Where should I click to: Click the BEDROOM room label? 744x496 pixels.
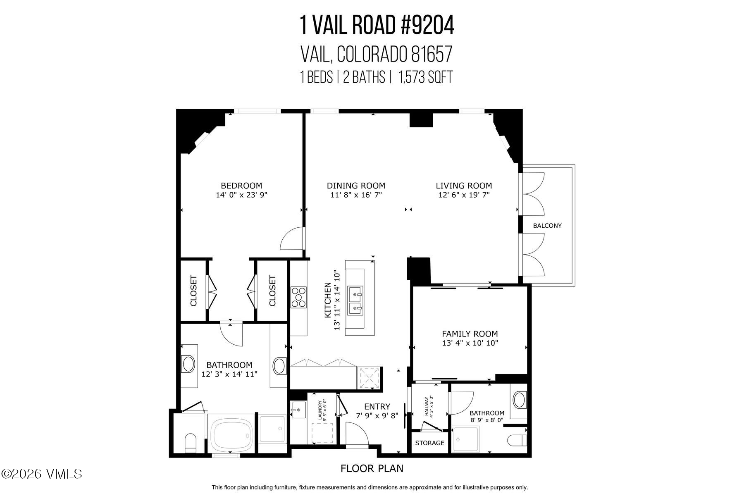(241, 186)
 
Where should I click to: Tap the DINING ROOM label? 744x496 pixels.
(356, 186)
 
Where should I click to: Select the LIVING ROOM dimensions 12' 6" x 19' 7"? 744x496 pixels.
(464, 195)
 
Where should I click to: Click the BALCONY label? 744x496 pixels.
(547, 226)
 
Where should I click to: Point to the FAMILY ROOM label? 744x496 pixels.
(470, 334)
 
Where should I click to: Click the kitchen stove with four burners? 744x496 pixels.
(298, 298)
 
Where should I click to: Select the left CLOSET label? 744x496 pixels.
(193, 291)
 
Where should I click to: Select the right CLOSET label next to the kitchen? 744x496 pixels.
(272, 291)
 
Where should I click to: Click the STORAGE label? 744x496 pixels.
(429, 443)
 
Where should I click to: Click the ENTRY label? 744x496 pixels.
(377, 407)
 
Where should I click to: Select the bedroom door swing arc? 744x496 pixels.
(291, 239)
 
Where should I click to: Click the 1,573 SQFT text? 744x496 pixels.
(425, 77)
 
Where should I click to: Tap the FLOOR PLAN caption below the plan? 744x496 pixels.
(372, 468)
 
